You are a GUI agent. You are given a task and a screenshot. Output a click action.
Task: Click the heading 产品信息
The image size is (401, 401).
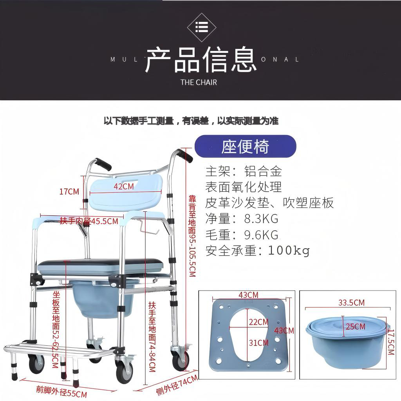(x=200, y=60)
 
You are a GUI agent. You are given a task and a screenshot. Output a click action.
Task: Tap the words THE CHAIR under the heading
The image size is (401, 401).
(x=199, y=82)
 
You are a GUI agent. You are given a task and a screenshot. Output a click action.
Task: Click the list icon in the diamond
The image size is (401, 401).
(x=202, y=27)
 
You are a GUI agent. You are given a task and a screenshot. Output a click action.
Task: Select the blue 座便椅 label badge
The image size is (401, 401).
(x=245, y=146)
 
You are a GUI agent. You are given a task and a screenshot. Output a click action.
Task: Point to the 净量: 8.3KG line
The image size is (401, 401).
(x=242, y=218)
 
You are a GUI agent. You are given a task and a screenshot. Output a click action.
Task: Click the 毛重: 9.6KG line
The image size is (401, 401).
(x=242, y=235)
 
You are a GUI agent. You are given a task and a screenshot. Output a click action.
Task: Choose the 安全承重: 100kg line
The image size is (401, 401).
(x=257, y=250)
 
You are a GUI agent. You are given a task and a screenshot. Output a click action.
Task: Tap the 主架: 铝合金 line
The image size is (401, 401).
(x=243, y=171)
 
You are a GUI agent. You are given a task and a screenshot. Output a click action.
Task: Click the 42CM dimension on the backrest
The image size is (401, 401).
(x=124, y=186)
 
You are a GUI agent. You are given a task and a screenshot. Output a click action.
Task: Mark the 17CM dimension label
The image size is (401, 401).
(x=69, y=191)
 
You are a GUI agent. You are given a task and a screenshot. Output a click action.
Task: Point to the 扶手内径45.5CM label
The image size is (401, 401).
(x=89, y=221)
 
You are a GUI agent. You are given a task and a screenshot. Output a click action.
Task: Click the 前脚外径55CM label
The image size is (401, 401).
(x=61, y=391)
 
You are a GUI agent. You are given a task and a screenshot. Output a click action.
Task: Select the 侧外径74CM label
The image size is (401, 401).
(x=177, y=386)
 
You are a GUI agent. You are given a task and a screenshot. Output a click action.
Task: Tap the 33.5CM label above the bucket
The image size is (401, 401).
(x=351, y=302)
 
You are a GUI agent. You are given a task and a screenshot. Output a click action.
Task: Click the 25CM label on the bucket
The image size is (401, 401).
(x=356, y=326)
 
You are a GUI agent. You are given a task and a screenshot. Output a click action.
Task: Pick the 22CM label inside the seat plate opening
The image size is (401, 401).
(x=258, y=322)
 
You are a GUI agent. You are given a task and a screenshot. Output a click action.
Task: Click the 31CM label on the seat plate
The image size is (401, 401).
(x=258, y=343)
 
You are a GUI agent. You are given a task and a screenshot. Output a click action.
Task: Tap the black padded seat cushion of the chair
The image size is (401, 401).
(x=100, y=262)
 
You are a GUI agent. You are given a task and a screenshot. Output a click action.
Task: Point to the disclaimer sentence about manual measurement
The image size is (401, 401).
(x=191, y=121)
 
